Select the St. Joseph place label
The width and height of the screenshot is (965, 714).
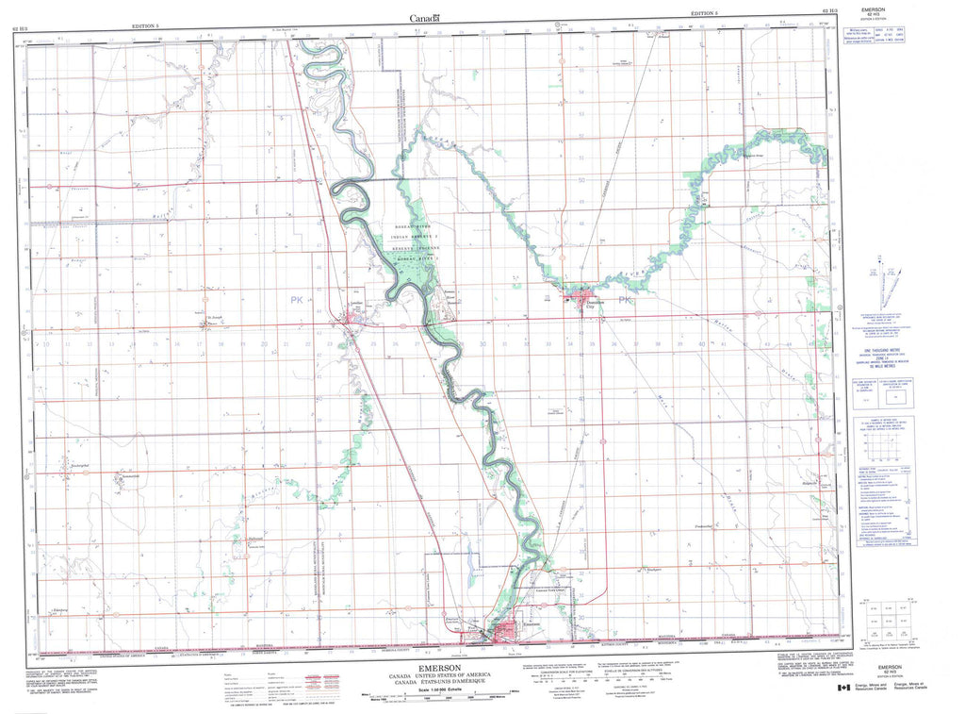pos(215,317)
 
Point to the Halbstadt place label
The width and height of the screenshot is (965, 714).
pos(254,539)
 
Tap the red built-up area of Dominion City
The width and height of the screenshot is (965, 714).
pos(576,300)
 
